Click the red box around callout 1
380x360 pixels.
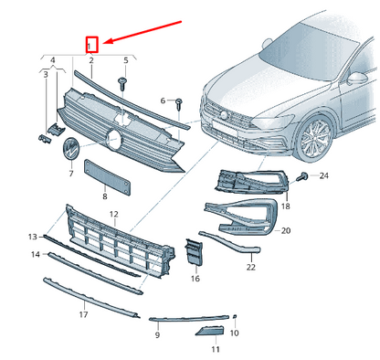point(91,45)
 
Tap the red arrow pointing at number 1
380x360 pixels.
point(142,32)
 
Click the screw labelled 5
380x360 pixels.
point(122,83)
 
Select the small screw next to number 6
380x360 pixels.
point(179,104)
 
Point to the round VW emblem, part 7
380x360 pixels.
point(71,148)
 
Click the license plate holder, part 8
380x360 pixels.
point(108,176)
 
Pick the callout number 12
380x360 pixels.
point(114,215)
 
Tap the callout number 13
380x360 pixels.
point(33,237)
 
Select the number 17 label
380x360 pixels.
point(83,314)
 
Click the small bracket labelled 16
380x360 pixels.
point(194,252)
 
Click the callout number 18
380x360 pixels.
point(286,206)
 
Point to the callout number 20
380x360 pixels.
point(286,230)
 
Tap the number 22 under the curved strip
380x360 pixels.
point(251,267)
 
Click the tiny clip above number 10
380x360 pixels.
point(235,317)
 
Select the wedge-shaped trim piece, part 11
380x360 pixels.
point(210,331)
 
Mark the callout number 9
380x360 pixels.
point(157,335)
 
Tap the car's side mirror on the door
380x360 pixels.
point(357,79)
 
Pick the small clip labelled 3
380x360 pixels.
point(45,138)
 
